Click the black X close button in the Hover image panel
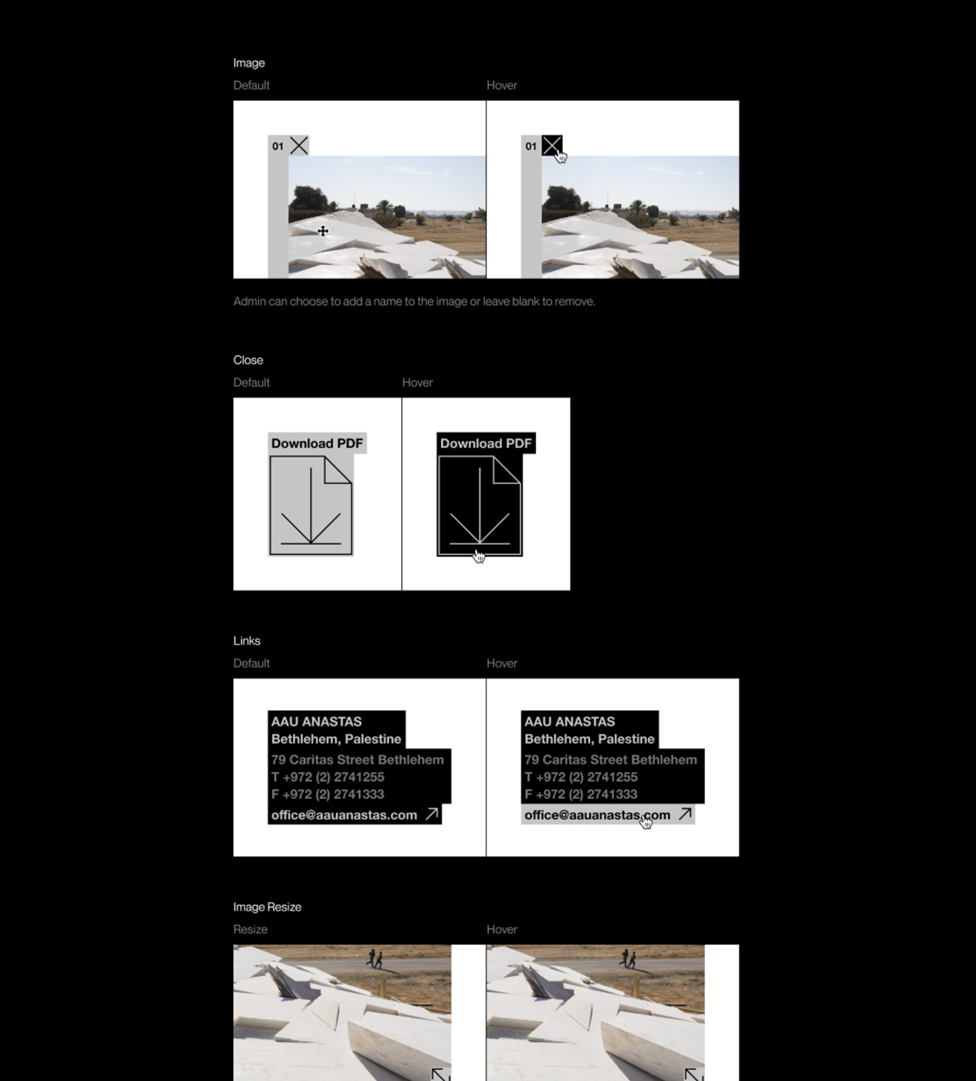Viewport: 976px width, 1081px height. (x=552, y=145)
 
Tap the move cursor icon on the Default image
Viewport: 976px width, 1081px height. (x=323, y=231)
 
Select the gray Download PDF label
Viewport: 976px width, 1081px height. (x=317, y=443)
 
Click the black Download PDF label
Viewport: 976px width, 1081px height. (x=486, y=443)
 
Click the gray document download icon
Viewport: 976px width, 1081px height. (x=311, y=506)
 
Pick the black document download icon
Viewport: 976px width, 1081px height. (x=479, y=506)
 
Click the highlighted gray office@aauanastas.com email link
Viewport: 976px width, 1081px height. (x=597, y=815)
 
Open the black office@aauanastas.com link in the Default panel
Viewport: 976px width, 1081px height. (x=344, y=815)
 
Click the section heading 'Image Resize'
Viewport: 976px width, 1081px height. (x=267, y=907)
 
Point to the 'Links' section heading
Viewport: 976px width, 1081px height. (x=247, y=641)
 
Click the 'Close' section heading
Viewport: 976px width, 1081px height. (x=248, y=360)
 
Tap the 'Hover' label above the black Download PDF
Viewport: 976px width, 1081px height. (x=417, y=382)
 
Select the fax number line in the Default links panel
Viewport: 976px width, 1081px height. (x=328, y=794)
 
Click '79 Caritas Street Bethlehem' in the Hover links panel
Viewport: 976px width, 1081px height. (x=610, y=760)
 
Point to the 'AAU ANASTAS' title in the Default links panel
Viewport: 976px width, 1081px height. (x=316, y=722)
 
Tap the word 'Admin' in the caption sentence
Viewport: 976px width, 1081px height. (x=249, y=301)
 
